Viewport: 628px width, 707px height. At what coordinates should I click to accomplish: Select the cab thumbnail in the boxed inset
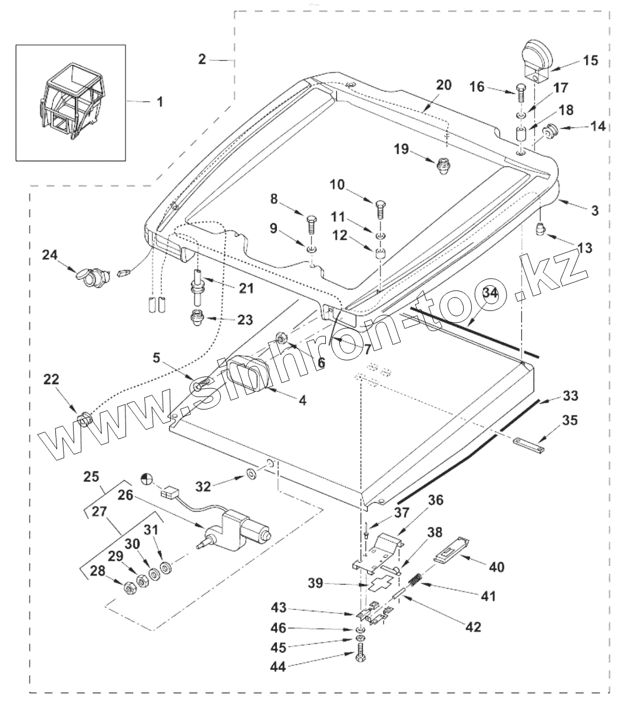pos(71,102)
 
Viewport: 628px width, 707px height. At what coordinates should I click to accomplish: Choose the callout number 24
pos(50,255)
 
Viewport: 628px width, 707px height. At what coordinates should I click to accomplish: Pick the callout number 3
pos(594,210)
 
